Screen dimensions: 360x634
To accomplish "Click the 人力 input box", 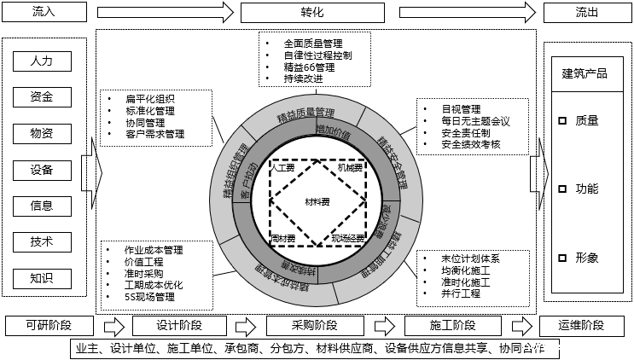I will click(x=42, y=61).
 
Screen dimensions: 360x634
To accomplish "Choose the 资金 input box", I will click(x=42, y=96).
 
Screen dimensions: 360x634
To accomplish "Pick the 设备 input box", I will click(x=42, y=169).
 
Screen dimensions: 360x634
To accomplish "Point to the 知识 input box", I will click(x=42, y=277).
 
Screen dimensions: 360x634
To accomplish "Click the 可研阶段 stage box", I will click(x=48, y=326).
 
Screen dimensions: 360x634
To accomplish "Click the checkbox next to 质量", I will click(x=561, y=121).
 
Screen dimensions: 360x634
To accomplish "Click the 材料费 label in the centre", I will click(x=318, y=202).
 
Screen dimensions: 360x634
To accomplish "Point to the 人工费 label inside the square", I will click(x=282, y=169).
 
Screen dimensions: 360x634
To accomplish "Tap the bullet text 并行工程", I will click(x=461, y=293).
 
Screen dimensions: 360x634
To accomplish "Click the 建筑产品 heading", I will click(x=585, y=73).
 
